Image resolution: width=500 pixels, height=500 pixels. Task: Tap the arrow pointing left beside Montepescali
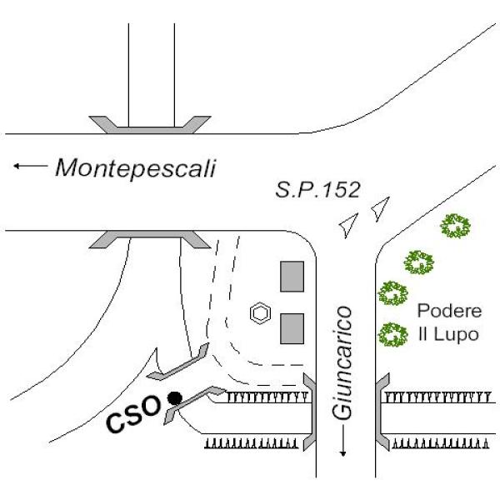pyautogui.click(x=30, y=167)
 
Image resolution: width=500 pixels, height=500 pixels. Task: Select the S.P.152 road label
pyautogui.click(x=318, y=190)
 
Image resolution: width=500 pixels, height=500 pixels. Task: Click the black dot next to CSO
pyautogui.click(x=173, y=398)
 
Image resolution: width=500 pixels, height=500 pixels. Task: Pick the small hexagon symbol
pyautogui.click(x=261, y=314)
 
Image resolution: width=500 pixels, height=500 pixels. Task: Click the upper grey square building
pyautogui.click(x=291, y=276)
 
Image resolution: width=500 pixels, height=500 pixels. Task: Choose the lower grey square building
pyautogui.click(x=291, y=327)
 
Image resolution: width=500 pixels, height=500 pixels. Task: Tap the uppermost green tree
pyautogui.click(x=455, y=225)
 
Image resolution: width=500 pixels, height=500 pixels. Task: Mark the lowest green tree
pyautogui.click(x=392, y=335)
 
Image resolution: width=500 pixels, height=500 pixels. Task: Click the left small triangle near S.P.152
pyautogui.click(x=347, y=224)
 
